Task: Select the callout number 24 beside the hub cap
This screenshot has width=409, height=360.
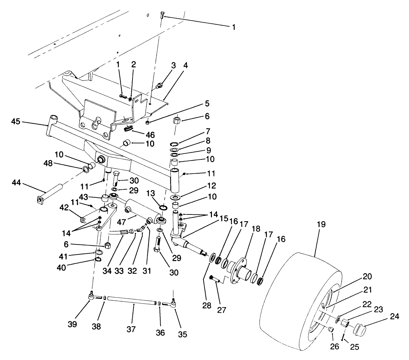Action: click(x=394, y=317)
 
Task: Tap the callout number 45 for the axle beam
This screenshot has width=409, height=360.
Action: click(x=16, y=121)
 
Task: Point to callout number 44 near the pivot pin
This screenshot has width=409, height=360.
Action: click(x=16, y=183)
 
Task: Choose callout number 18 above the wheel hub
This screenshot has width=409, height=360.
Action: click(x=256, y=229)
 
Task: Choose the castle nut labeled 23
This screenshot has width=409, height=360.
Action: click(x=344, y=323)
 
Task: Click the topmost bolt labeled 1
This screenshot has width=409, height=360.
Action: click(x=162, y=15)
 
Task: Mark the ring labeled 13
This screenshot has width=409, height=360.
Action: click(x=162, y=207)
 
